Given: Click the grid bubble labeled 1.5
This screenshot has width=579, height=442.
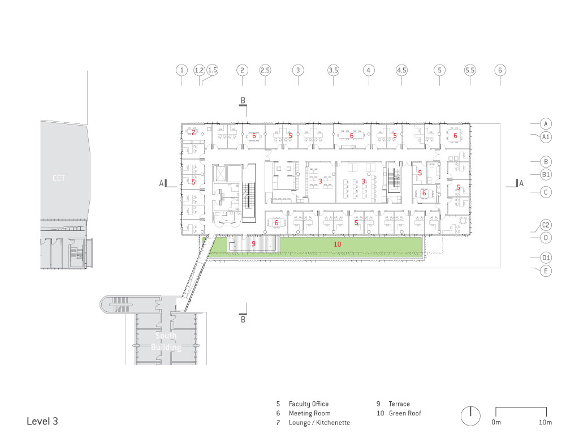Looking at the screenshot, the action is point(213,70).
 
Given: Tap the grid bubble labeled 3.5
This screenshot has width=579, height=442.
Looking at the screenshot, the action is point(333,70).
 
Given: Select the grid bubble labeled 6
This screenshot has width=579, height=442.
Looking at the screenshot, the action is point(500,70).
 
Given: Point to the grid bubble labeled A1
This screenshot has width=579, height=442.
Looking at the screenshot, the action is point(546,137).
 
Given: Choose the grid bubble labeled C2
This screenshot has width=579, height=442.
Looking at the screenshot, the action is point(546,225).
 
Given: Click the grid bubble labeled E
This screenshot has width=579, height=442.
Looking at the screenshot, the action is point(546,271).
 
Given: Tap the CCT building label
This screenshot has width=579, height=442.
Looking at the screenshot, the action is point(59,178).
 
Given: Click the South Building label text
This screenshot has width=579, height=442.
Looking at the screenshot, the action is point(166,341).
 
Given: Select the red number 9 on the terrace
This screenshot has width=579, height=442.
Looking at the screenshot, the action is point(253,244).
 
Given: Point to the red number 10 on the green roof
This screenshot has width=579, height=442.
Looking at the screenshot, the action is point(337,244).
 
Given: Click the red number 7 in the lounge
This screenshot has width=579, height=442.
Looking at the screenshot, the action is point(193,132).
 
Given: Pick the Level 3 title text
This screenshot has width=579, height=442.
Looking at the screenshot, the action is point(42,421).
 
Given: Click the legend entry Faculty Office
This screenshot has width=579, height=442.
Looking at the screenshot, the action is point(308,404).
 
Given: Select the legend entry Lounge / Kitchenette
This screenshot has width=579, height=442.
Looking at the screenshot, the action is point(319,422).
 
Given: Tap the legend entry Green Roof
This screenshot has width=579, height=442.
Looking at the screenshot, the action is point(405,413).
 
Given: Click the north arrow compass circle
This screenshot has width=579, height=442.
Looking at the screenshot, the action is point(470,416).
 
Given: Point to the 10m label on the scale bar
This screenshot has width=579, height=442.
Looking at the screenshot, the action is point(545,422).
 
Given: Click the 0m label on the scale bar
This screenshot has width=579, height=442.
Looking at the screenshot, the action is point(496,422).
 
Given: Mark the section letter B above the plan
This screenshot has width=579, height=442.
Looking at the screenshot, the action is point(243,100).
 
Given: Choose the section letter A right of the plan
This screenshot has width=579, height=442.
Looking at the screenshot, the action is point(521,183).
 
